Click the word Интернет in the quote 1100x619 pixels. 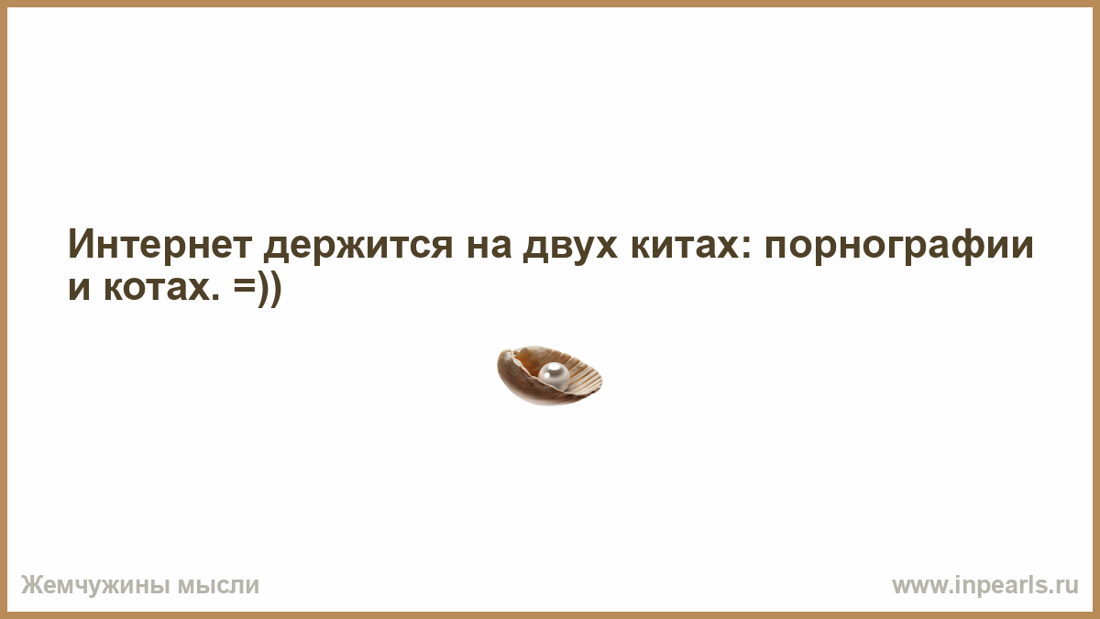(160, 244)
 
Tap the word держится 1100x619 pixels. (358, 247)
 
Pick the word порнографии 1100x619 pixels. (899, 247)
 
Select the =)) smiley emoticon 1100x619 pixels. (258, 288)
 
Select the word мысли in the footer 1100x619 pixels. (217, 586)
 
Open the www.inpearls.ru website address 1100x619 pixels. (985, 586)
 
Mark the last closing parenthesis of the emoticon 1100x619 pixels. (276, 289)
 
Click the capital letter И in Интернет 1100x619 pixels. (81, 244)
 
